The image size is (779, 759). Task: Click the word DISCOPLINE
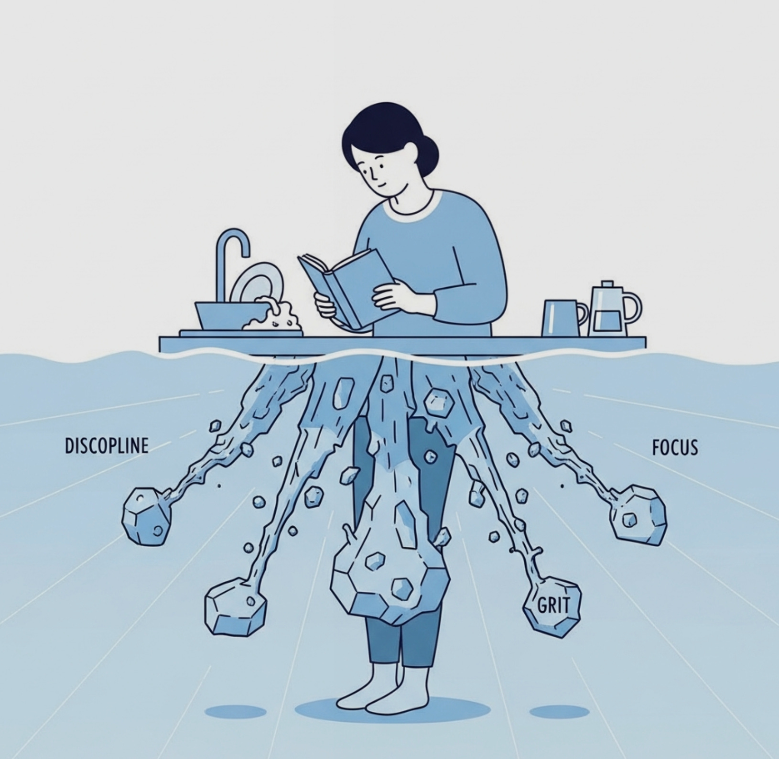[106, 446]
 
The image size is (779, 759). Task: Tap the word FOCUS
[674, 447]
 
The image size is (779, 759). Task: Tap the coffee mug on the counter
[564, 317]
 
